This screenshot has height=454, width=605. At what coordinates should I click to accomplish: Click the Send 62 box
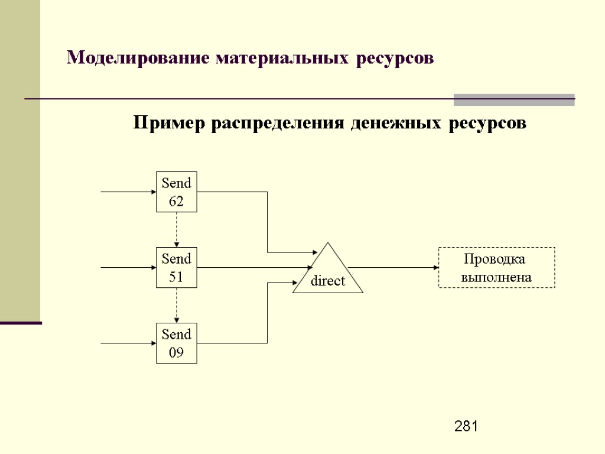176,192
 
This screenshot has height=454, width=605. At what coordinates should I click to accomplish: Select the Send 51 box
176,267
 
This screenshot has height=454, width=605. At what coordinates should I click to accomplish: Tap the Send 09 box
176,343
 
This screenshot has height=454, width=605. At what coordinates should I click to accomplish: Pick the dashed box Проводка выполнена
496,268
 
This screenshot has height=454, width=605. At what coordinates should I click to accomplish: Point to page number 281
466,426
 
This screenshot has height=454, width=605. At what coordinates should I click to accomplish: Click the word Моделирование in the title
139,58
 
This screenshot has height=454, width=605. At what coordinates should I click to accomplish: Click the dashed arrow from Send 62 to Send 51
177,229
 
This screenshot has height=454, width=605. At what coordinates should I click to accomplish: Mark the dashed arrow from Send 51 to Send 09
177,305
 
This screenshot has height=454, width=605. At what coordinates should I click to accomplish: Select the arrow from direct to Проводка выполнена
396,267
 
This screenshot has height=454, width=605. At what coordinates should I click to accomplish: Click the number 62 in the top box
176,202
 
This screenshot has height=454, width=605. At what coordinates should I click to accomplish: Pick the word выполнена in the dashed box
496,277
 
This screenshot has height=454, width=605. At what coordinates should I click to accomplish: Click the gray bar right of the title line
514,99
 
